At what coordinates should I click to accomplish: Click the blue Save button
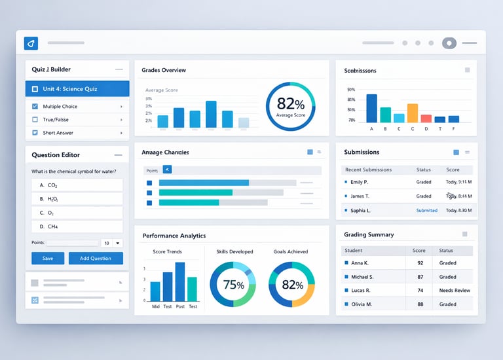[x=48, y=258]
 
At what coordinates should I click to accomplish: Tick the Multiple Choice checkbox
[x=35, y=106]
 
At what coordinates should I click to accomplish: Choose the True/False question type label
[x=56, y=120]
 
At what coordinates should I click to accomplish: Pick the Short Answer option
[x=58, y=133]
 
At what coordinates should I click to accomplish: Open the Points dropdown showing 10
[x=112, y=243]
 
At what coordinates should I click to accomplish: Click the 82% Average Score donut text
[x=290, y=105]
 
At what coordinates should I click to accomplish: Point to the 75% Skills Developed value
[x=233, y=285]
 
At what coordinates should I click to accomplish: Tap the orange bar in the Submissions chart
[x=413, y=113]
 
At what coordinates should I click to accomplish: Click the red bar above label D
[x=426, y=118]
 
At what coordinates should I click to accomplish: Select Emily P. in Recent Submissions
[x=359, y=182]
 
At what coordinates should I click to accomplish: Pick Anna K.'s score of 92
[x=419, y=262]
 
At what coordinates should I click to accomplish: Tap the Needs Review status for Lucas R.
[x=455, y=290]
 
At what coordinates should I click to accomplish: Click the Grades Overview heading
[x=164, y=70]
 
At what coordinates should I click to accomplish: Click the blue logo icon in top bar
[x=31, y=43]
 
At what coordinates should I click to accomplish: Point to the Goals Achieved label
[x=290, y=251]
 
